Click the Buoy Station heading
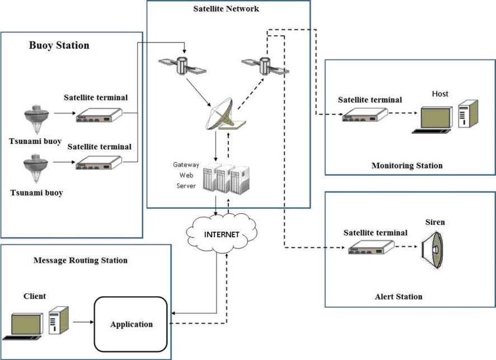[59, 45]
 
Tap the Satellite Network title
[226, 9]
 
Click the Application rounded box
[132, 324]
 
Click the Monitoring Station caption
[406, 166]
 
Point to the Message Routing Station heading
[81, 260]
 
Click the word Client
[35, 296]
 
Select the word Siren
[435, 222]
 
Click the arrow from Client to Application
[83, 322]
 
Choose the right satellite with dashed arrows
[264, 66]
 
